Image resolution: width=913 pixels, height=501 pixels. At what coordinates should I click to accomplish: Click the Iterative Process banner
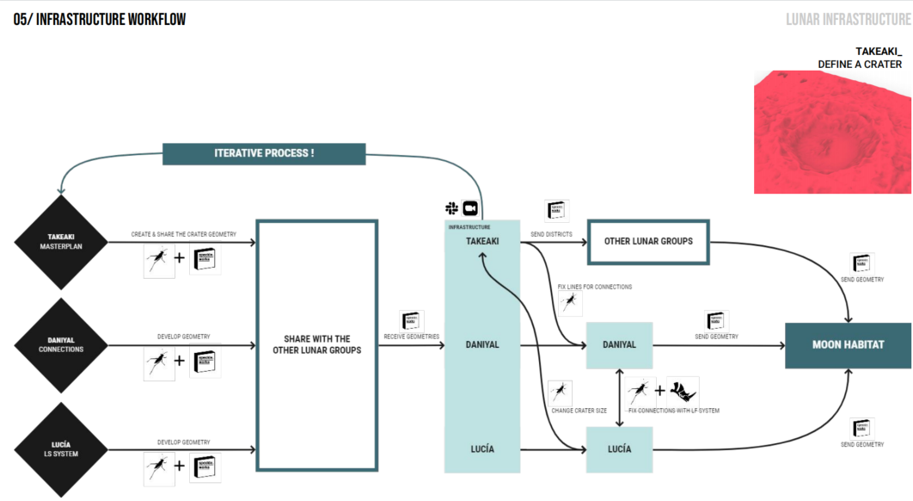tap(264, 153)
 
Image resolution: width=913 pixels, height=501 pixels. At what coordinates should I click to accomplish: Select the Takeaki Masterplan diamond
tap(61, 243)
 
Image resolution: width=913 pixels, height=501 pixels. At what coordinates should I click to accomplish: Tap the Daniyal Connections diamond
tap(61, 344)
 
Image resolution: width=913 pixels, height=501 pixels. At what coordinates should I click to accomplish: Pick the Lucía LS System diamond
tap(61, 448)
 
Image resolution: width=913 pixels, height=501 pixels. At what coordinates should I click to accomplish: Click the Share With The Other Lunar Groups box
tap(317, 345)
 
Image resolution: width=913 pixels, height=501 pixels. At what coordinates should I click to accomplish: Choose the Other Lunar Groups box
tap(647, 242)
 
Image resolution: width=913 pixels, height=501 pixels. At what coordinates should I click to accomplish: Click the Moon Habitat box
tap(848, 345)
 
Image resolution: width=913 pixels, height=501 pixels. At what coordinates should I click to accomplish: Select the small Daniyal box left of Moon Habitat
tap(619, 345)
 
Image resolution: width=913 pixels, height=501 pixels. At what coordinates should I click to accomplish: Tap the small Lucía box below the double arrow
tap(619, 449)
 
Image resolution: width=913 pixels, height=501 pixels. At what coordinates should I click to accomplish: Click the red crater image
tap(832, 132)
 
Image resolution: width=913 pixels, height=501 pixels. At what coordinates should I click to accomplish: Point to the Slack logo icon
tap(451, 208)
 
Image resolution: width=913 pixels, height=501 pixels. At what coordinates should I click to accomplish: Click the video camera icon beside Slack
tap(470, 208)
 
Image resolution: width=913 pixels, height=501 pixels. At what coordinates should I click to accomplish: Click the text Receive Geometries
tap(412, 337)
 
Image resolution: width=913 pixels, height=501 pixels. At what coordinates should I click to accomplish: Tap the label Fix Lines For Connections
tap(594, 287)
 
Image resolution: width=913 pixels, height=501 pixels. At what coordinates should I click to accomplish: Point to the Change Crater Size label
tap(580, 411)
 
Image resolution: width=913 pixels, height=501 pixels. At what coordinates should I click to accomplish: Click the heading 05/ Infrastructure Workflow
tap(99, 20)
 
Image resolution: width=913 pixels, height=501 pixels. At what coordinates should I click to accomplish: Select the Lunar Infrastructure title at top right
tap(848, 20)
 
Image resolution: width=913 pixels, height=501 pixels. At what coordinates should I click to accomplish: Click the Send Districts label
tap(552, 234)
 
